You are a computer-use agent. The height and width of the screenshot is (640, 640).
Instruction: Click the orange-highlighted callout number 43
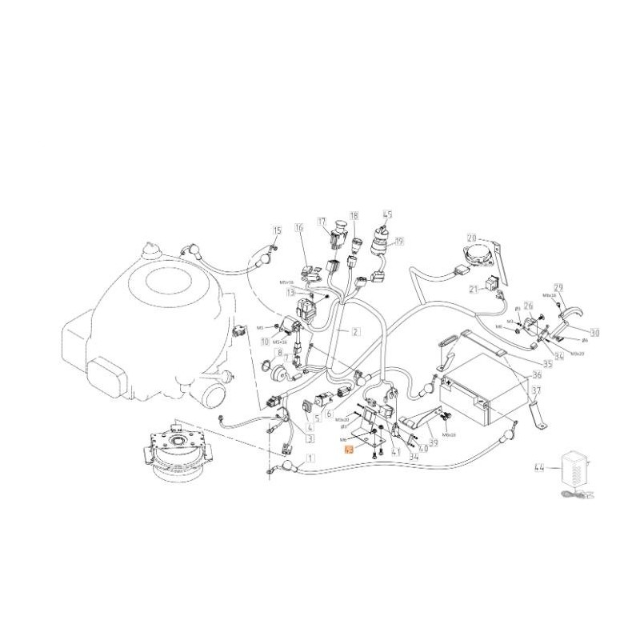click(349, 450)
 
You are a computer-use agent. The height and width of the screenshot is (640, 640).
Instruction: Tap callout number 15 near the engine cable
click(277, 231)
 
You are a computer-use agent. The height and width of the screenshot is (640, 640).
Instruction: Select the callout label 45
click(388, 214)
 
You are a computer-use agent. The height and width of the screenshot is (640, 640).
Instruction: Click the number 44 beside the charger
click(539, 466)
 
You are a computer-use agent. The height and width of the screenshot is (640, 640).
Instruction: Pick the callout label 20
click(471, 238)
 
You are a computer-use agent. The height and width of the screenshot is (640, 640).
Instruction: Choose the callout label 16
click(300, 229)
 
